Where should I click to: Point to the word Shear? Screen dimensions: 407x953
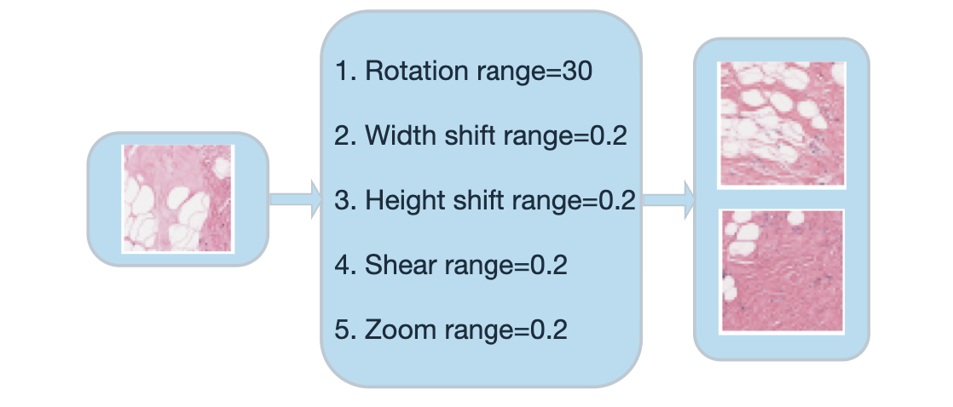coord(391,265)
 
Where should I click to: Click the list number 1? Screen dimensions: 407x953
coord(343,71)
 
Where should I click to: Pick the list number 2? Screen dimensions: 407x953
coord(343,136)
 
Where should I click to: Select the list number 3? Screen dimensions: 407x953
coord(343,201)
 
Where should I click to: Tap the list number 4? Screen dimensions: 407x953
coord(343,265)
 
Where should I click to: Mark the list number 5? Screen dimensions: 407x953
coord(343,330)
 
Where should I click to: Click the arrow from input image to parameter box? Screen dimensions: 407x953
coord(295,198)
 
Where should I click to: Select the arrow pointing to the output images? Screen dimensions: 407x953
coord(668,199)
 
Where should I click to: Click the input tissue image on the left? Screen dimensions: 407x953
coord(177,198)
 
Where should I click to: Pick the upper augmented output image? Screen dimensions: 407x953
coord(783,124)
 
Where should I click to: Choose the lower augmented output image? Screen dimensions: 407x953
coord(783,271)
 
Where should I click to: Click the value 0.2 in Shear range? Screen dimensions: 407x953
coord(549,265)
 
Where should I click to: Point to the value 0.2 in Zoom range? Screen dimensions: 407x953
coord(549,330)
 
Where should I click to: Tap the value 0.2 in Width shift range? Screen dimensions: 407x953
coord(609,136)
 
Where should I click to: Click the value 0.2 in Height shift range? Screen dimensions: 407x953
coord(617,201)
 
